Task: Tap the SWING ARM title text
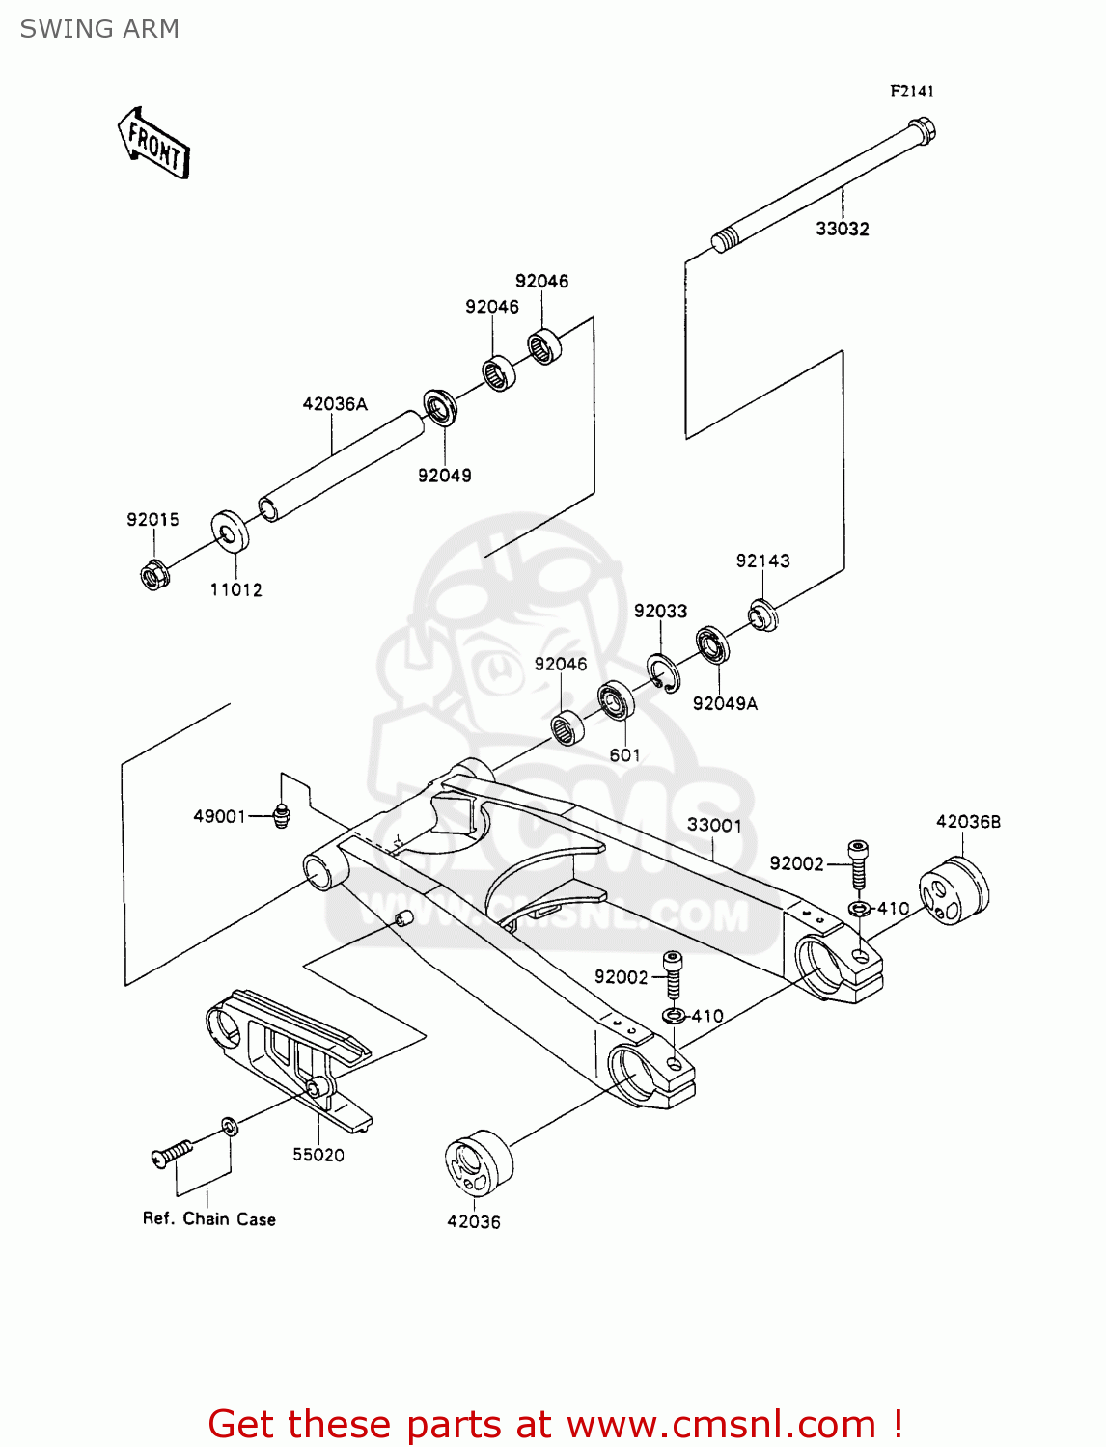click(x=99, y=29)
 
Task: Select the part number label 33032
click(x=842, y=229)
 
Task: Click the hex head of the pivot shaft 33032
click(x=923, y=130)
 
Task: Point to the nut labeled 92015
click(x=153, y=575)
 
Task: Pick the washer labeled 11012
click(x=230, y=532)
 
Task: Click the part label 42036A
click(x=335, y=404)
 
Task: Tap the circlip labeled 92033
click(x=663, y=672)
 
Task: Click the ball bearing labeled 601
click(x=615, y=699)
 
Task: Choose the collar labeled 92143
click(x=763, y=614)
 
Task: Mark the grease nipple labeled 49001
click(x=281, y=815)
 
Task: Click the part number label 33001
click(x=714, y=825)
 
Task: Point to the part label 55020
click(x=318, y=1155)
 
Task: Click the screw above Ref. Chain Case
click(x=172, y=1154)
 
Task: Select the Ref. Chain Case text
click(x=209, y=1218)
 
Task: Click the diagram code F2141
click(x=911, y=91)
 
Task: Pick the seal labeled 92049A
click(x=712, y=644)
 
